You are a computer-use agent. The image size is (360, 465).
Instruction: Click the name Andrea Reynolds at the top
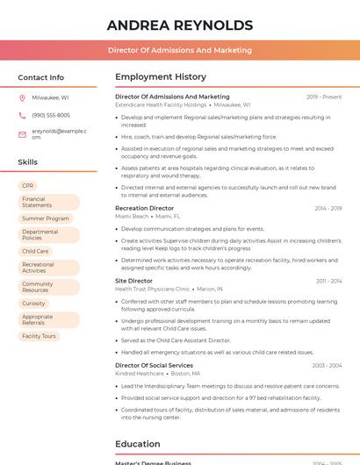coord(179,25)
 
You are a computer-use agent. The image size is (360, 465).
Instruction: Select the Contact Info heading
coord(40,77)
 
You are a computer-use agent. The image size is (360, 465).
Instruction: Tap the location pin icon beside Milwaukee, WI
coord(22,97)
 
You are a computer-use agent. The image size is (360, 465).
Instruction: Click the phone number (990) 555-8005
coord(51,115)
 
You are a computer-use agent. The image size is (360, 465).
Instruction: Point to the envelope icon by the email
coord(22,133)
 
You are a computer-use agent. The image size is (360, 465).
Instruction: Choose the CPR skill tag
coord(28,186)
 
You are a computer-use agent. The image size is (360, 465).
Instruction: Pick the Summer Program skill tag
coord(46,218)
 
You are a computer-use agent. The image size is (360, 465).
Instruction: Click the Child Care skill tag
coord(35,251)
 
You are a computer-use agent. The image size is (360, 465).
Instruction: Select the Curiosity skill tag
coord(33,303)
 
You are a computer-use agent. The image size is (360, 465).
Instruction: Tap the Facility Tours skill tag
coord(39,336)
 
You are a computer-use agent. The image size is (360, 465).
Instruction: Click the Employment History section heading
coord(161,77)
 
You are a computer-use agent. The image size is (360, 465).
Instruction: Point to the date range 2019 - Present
coord(324,97)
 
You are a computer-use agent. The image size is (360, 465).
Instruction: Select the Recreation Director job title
coord(145,208)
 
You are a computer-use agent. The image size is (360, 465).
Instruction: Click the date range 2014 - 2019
coord(328,209)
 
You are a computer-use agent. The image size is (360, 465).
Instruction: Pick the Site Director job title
coord(133,281)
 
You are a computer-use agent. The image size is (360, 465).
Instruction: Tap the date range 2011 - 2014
coord(328,282)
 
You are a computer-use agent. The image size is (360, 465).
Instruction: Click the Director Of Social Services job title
coord(154,365)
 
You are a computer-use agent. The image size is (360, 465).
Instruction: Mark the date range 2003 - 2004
coord(326,366)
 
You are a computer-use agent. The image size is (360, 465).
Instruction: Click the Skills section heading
coord(27,162)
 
